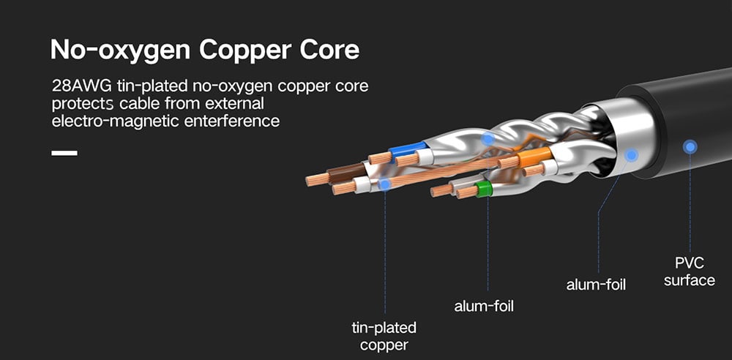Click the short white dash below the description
click(x=64, y=153)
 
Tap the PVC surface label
click(x=689, y=271)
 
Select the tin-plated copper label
click(x=384, y=336)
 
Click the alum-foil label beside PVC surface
click(x=596, y=284)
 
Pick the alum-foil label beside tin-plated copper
click(x=484, y=306)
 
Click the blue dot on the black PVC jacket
click(x=690, y=147)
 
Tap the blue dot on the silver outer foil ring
click(x=632, y=155)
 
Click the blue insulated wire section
click(x=403, y=151)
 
